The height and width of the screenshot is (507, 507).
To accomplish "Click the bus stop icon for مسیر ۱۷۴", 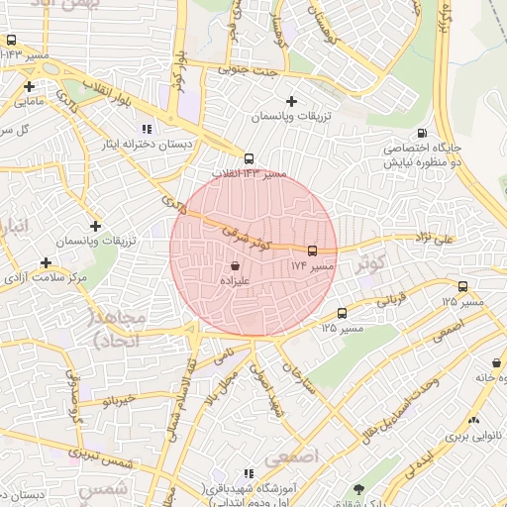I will [313, 252].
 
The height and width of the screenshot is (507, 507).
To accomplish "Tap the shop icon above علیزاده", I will [235, 265].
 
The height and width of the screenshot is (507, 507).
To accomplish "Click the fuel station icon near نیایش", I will [423, 134].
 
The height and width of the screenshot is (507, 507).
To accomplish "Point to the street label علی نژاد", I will [433, 238].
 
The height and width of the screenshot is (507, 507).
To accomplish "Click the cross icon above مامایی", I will [29, 86].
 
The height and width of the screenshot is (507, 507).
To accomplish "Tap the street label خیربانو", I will [117, 402].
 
